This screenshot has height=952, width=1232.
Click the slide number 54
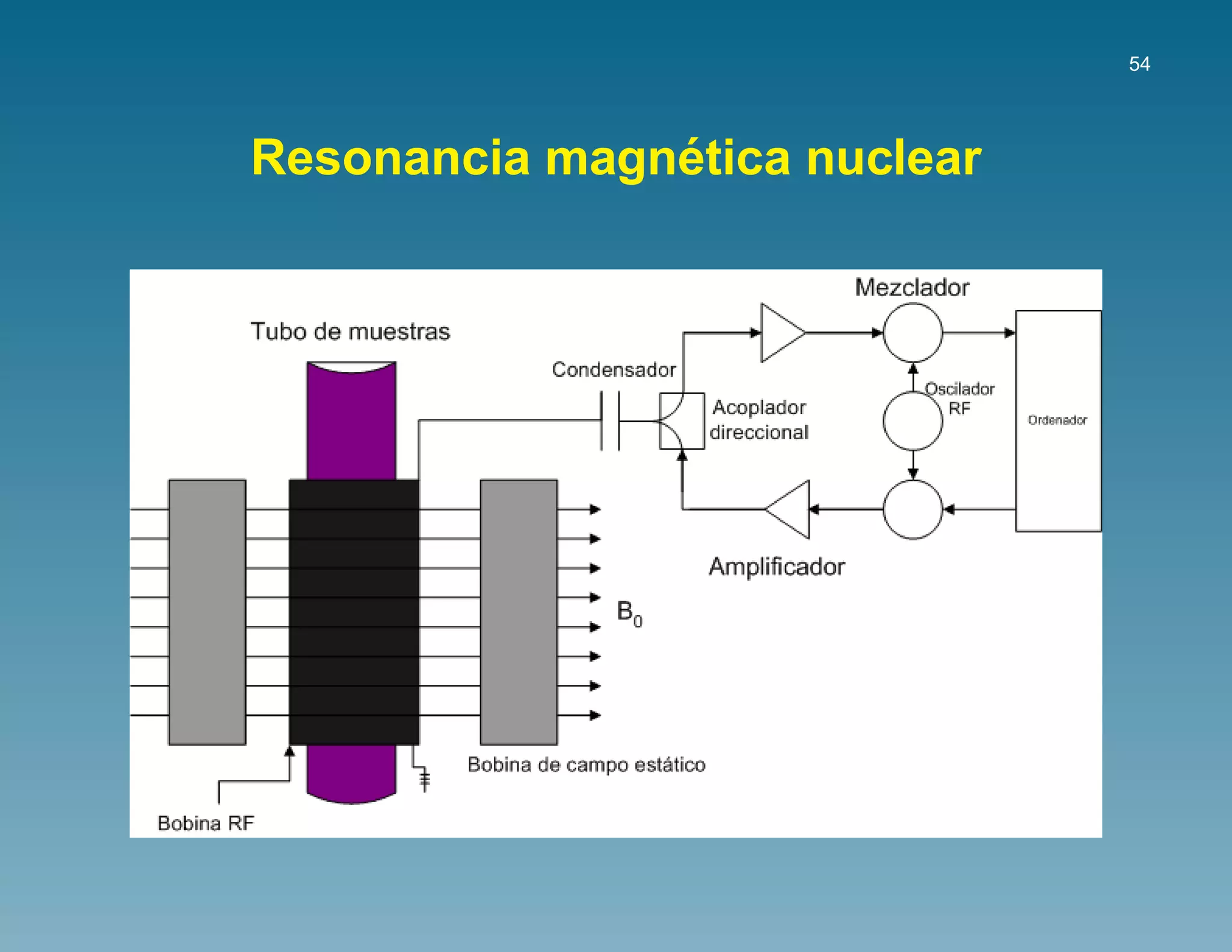(x=1139, y=64)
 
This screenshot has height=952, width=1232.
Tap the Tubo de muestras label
(x=350, y=332)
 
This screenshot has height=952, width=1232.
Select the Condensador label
(x=614, y=369)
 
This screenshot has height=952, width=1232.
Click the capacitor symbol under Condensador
(x=610, y=421)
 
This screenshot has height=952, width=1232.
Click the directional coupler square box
(x=682, y=421)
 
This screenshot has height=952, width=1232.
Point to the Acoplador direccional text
(x=759, y=419)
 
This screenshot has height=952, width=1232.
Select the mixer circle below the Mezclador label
(x=912, y=333)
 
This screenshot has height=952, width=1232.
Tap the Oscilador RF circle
(x=912, y=421)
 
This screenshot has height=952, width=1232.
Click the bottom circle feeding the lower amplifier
(x=912, y=509)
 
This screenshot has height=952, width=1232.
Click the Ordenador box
(x=1058, y=420)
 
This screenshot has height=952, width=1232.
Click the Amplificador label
(x=777, y=567)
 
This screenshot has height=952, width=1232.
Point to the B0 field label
(x=629, y=613)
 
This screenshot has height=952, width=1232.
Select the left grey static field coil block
(x=207, y=611)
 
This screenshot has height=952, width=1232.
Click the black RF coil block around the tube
(x=354, y=611)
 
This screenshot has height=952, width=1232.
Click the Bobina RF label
(x=206, y=823)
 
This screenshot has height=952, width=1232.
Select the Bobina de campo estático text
(x=586, y=765)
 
